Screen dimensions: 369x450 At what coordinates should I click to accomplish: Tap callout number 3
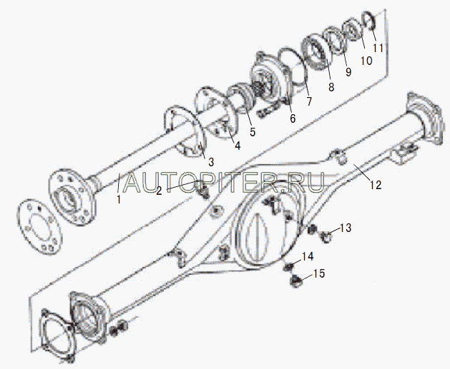[x=210, y=162]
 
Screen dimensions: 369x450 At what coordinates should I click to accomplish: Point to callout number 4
[x=237, y=146]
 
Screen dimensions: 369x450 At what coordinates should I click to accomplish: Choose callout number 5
[x=252, y=132]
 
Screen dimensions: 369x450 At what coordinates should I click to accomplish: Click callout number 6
[x=292, y=118]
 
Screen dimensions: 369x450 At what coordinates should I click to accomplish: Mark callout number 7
[x=308, y=101]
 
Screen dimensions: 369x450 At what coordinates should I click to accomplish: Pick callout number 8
[x=330, y=87]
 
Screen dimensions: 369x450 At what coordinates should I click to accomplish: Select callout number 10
[x=366, y=61]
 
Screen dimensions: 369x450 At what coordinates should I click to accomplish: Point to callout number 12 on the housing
[x=375, y=185]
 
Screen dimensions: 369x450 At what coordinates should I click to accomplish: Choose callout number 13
[x=346, y=228]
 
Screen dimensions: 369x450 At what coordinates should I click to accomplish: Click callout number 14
[x=307, y=257]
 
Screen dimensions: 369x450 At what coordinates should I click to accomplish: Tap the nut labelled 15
[x=293, y=280]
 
